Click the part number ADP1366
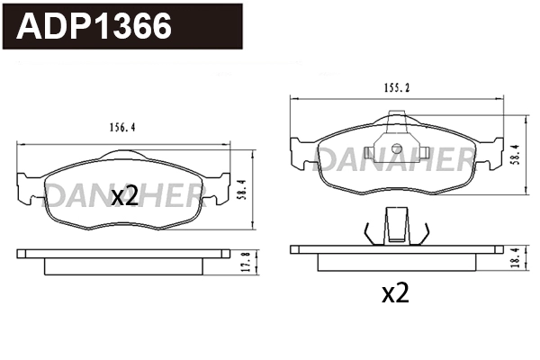95,26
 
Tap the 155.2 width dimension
393,87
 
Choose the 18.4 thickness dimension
514,257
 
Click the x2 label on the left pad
124,196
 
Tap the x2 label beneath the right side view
396,293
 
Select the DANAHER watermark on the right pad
397,161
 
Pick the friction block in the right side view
396,262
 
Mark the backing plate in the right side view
396,249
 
